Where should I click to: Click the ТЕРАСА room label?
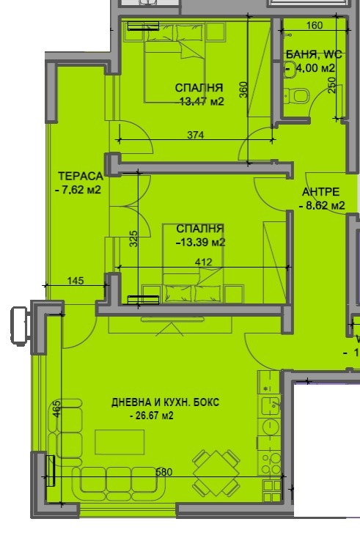pyautogui.click(x=79, y=175)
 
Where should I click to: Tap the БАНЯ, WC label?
pyautogui.click(x=315, y=54)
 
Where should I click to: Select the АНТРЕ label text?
pyautogui.click(x=321, y=193)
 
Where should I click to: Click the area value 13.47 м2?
pyautogui.click(x=202, y=101)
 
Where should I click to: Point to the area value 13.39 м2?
pyautogui.click(x=200, y=243)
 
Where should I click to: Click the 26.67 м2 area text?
pyautogui.click(x=155, y=416)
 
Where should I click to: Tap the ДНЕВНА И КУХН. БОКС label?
pyautogui.click(x=165, y=402)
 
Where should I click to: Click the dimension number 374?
pyautogui.click(x=194, y=135)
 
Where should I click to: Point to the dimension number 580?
pyautogui.click(x=164, y=472)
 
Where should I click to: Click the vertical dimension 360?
pyautogui.click(x=243, y=89)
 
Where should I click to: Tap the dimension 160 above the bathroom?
pyautogui.click(x=313, y=26)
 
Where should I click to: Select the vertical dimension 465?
pyautogui.click(x=57, y=408)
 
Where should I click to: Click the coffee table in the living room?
pyautogui.click(x=120, y=441)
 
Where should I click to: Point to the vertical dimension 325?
pyautogui.click(x=133, y=240)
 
